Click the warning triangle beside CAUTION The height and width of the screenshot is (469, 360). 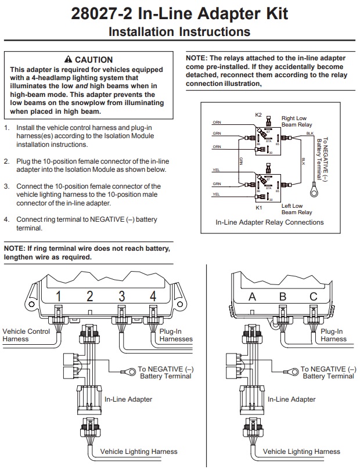[x=69, y=60]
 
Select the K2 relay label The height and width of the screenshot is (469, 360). [x=258, y=115]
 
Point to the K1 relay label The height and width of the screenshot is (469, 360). [x=259, y=207]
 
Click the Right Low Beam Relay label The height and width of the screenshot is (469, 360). [x=296, y=121]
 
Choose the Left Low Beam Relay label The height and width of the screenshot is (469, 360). [x=296, y=209]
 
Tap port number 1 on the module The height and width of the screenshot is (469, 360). [x=59, y=296]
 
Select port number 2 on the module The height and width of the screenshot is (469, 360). [x=90, y=296]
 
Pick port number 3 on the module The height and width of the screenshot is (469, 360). [x=122, y=296]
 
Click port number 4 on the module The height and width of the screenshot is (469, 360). [x=153, y=296]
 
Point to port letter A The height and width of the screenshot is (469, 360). [x=252, y=297]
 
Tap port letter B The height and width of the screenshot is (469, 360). [x=283, y=297]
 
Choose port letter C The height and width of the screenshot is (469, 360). [x=314, y=297]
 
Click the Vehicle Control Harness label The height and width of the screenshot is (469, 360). [x=27, y=335]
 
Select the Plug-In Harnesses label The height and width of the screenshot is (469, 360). [x=176, y=335]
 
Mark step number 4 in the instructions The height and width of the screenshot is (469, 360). [x=6, y=220]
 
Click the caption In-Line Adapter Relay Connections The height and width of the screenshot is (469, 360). [x=269, y=222]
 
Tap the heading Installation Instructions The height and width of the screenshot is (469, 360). [x=179, y=32]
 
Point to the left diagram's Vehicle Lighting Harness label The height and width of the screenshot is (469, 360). [x=139, y=451]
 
